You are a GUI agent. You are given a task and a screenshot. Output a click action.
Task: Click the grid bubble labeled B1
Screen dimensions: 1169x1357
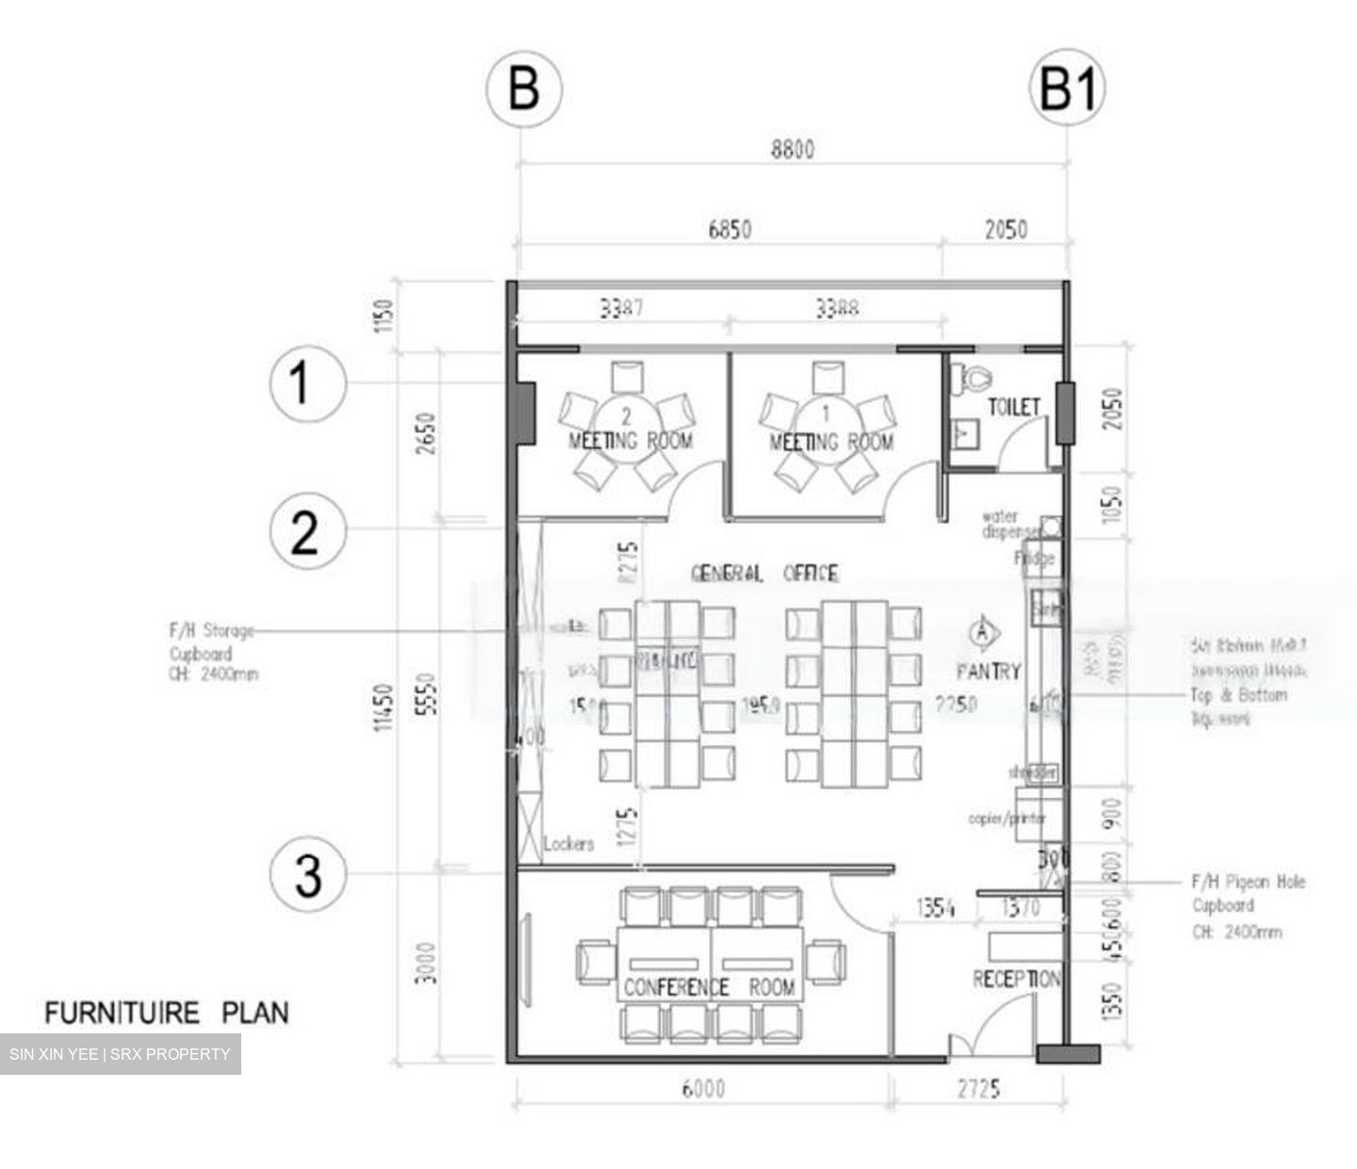1067,89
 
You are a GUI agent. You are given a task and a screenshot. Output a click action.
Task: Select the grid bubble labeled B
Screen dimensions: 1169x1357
523,89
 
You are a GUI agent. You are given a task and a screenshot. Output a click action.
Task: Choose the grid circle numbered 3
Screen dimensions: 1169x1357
307,875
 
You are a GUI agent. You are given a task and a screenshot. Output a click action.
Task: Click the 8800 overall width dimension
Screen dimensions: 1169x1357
793,149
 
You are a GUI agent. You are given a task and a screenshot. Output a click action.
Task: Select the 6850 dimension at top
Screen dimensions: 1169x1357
729,229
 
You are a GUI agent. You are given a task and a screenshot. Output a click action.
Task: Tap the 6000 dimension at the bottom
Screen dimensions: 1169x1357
703,1089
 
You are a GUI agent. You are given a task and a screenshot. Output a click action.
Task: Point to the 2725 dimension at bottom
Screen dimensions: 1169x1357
978,1089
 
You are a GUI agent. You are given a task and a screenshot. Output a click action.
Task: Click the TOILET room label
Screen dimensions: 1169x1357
1014,407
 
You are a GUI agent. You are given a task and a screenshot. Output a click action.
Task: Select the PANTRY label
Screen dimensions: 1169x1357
988,672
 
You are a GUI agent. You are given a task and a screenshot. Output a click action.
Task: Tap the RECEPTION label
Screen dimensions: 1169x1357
1016,980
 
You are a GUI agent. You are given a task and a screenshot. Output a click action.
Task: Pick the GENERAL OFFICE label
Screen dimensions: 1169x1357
764,574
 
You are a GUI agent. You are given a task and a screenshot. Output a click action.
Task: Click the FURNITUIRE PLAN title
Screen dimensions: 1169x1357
167,1014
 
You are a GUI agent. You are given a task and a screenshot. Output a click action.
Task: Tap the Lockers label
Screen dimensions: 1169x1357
568,843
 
